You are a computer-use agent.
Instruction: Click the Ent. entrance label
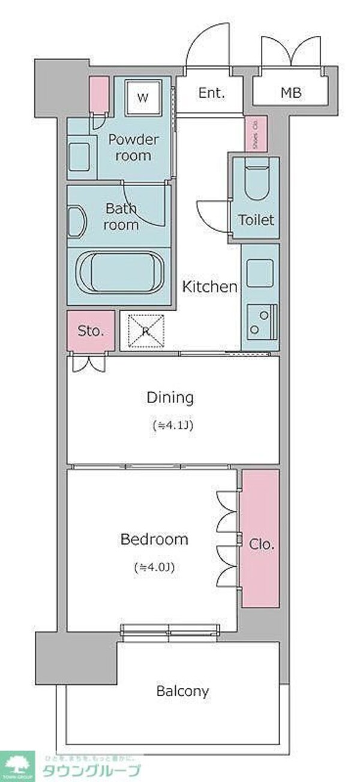pos(211,93)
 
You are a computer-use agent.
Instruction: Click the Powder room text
pos(133,148)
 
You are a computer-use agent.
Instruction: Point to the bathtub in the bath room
pos(119,273)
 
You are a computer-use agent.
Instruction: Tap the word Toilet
pos(256,219)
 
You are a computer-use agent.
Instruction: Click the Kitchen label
pos(209,287)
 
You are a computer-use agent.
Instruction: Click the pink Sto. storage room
pos(91,330)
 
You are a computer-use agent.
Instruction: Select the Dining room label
pos(170,397)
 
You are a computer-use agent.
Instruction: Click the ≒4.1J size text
pos(172,426)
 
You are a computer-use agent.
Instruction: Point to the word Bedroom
pos(154,539)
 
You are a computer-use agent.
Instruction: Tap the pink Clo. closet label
pos(261,545)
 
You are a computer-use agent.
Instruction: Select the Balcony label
pos(182,691)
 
